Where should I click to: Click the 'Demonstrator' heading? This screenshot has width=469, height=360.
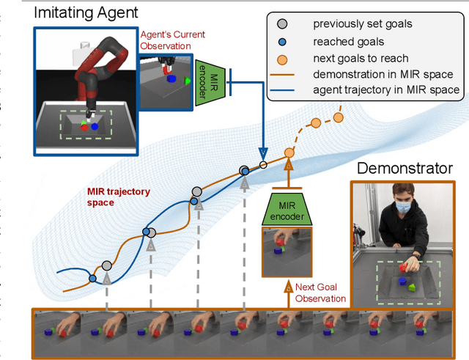click(x=404, y=169)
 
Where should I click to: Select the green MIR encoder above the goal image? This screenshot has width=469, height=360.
click(x=288, y=209)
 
